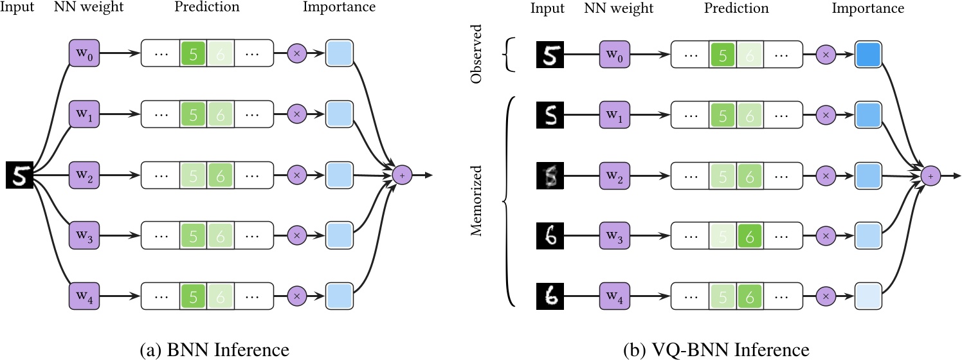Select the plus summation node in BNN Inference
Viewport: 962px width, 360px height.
coord(402,175)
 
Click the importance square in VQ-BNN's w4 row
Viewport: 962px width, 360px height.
coord(868,296)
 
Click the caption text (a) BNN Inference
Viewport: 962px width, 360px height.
coord(213,350)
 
